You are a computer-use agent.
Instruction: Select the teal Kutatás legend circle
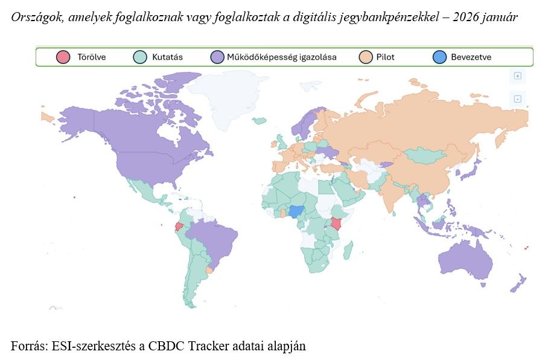point(139,57)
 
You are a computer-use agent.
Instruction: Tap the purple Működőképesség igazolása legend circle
point(217,57)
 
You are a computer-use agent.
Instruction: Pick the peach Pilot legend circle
point(366,57)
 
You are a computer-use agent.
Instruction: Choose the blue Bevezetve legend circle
point(440,57)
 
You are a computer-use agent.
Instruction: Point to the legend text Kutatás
point(167,57)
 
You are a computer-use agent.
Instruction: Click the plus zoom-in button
point(517,76)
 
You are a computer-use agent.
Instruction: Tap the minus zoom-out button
point(517,98)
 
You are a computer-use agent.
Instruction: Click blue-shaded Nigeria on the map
point(296,211)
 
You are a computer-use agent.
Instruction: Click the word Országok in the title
point(34,18)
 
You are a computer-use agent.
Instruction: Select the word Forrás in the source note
point(27,346)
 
